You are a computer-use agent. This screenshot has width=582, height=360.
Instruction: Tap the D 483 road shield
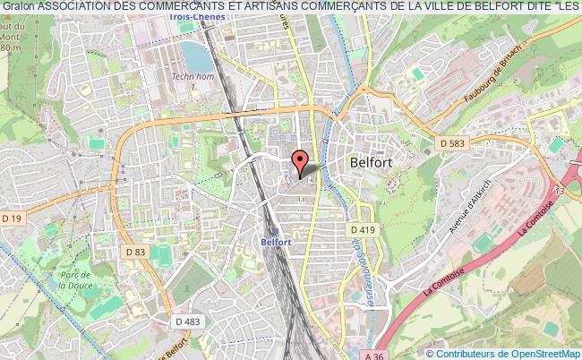click(188, 321)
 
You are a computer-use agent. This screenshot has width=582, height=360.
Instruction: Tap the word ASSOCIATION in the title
click(74, 8)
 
